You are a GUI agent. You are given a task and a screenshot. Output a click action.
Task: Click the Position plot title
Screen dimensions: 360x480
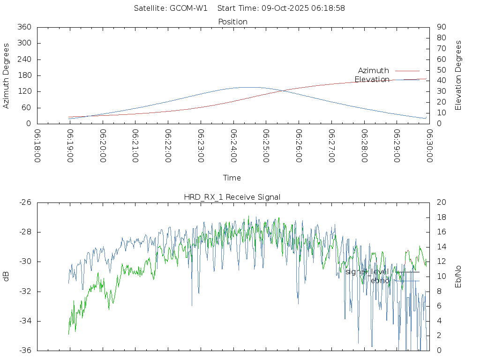tap(233, 22)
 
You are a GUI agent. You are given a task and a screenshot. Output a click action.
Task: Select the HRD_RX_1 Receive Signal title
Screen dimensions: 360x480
tap(232, 197)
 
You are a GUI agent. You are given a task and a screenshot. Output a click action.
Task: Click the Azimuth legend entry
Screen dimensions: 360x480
tap(374, 70)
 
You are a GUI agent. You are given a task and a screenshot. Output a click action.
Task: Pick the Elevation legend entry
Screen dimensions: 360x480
tap(372, 79)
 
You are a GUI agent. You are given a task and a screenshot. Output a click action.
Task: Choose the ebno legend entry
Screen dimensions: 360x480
tap(380, 280)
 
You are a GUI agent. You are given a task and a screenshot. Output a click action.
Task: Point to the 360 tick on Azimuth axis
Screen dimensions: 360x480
tap(24, 27)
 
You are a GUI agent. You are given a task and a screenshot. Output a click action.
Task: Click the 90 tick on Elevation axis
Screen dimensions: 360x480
tap(441, 27)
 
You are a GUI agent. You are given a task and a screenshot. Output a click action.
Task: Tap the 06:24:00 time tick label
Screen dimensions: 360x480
tap(234, 146)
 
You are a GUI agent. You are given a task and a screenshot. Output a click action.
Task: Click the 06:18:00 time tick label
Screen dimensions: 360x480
tap(37, 146)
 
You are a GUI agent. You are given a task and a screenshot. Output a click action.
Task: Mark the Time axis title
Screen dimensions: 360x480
tap(232, 178)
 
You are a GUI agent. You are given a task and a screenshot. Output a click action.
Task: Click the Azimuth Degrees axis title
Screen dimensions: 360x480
tap(6, 75)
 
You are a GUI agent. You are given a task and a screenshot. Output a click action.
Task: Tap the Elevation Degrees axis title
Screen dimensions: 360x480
tap(458, 75)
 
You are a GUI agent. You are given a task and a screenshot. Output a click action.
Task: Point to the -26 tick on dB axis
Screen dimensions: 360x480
tap(24, 202)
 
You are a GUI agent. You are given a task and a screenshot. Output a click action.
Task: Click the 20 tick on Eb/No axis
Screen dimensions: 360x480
tap(441, 202)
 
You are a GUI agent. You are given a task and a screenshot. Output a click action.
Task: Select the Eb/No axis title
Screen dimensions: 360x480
tap(458, 277)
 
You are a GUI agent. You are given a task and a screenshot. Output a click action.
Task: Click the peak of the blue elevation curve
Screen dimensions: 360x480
tap(248, 87)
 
